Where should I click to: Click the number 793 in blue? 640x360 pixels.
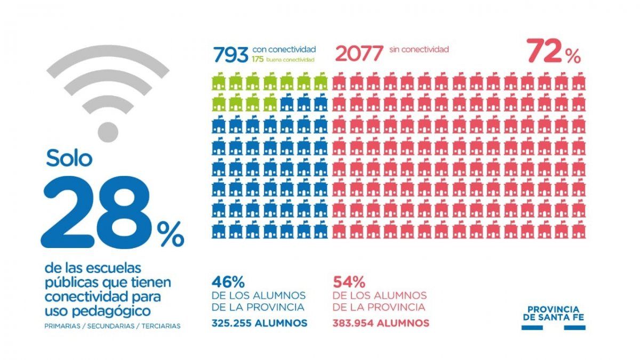(x=230, y=54)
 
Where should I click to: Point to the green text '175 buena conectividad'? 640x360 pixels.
(x=283, y=60)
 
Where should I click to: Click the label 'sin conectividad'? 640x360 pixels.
(x=419, y=50)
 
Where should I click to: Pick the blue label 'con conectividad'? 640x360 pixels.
(x=284, y=50)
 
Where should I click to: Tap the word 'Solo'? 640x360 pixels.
(x=69, y=158)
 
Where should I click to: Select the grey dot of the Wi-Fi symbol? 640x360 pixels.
(x=108, y=132)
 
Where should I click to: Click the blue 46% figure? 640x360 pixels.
(x=228, y=282)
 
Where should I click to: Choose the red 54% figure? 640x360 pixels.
(x=349, y=282)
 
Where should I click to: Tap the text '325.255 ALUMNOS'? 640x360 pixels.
(x=259, y=323)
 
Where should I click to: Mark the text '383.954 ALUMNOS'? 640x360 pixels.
(x=381, y=323)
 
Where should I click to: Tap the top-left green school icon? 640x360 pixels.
(x=218, y=83)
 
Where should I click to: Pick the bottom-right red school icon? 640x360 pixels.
(x=578, y=230)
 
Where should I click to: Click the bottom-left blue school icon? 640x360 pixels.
(x=218, y=230)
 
